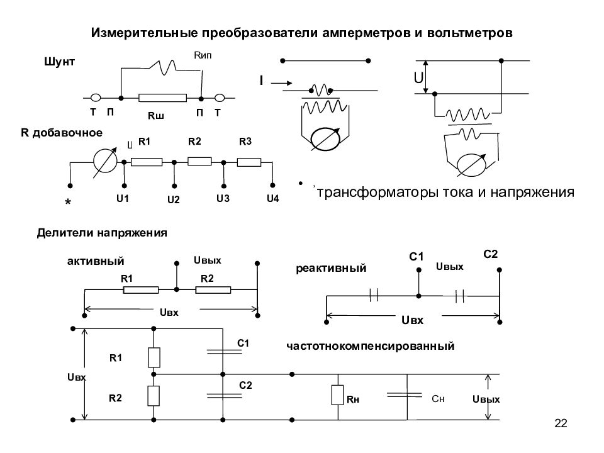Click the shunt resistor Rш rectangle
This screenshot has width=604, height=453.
(x=162, y=98)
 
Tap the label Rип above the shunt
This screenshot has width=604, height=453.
(x=203, y=55)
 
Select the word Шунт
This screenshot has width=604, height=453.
(x=59, y=62)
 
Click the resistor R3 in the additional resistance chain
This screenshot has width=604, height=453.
(x=249, y=162)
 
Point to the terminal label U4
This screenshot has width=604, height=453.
(x=272, y=198)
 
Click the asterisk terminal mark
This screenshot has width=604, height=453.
(x=68, y=202)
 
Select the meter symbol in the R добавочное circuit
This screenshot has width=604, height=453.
(x=105, y=162)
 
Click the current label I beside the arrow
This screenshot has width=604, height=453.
(x=262, y=81)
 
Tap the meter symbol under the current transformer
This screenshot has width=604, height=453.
(x=325, y=139)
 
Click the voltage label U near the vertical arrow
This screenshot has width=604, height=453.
(x=418, y=78)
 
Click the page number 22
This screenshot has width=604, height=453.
(x=561, y=423)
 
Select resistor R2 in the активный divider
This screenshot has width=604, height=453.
(x=213, y=289)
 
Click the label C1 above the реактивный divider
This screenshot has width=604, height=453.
(x=416, y=257)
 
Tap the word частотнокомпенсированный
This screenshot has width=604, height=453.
(x=370, y=346)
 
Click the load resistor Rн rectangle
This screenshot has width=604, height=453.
(x=337, y=395)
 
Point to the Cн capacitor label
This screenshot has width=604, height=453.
(x=438, y=399)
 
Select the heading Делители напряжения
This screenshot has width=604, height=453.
(x=102, y=233)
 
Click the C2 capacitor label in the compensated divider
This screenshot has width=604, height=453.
(x=245, y=385)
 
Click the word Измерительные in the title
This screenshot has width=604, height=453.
(x=145, y=33)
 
